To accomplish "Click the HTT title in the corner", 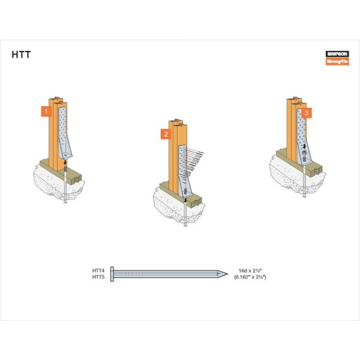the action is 21,55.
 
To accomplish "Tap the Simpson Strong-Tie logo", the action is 337,58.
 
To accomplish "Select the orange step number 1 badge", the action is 46,112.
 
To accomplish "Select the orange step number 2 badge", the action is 166,134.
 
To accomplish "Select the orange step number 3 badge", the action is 307,113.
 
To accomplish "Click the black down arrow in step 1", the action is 65,163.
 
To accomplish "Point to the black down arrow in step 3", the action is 304,146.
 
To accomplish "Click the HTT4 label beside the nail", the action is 98,271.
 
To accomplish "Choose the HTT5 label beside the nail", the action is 98,277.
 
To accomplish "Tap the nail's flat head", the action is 112,274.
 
